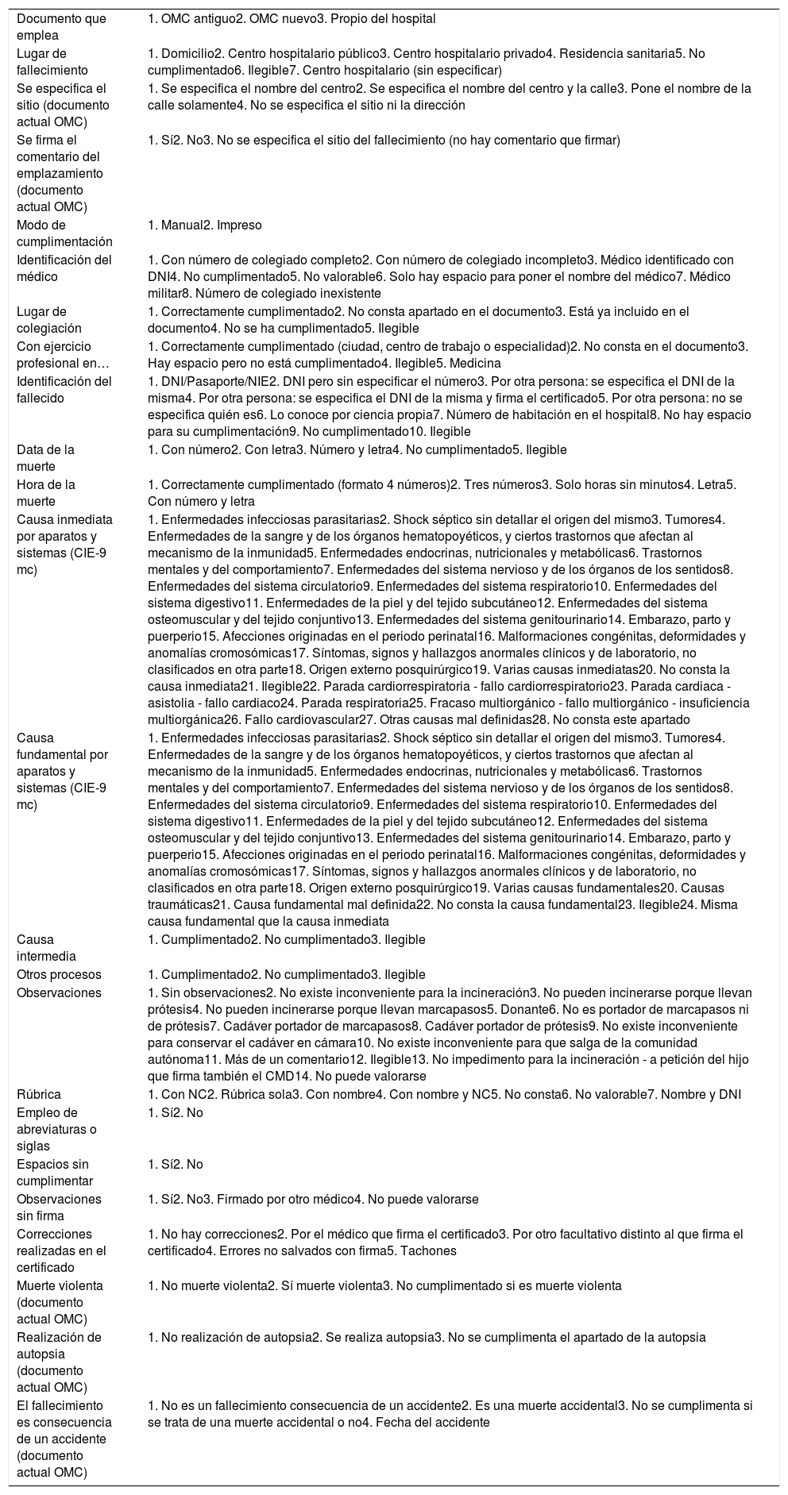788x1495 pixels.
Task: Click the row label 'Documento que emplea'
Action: (61, 27)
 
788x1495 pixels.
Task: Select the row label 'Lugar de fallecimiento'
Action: (52, 62)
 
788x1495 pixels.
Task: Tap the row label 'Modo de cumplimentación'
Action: (64, 233)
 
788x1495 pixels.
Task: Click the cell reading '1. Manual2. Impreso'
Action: (205, 225)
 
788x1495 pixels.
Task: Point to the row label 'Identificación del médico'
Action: (64, 268)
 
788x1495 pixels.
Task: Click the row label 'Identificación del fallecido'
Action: (64, 389)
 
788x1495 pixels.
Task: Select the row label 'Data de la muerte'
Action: (46, 458)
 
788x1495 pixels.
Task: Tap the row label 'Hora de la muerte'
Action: (46, 493)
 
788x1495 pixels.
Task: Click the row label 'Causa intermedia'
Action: (47, 948)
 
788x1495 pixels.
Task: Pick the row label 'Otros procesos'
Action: (59, 975)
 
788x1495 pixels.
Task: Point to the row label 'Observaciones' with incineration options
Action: (59, 993)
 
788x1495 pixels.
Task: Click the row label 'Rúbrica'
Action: (39, 1095)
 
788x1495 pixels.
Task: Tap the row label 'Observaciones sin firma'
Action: (59, 1208)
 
